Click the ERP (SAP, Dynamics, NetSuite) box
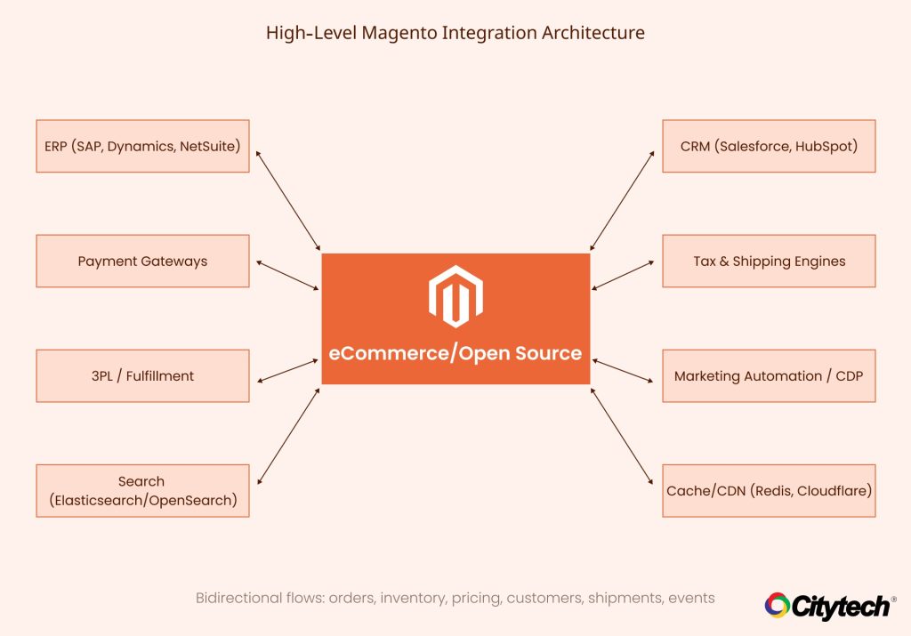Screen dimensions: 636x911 point(142,146)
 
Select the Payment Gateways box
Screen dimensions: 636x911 point(142,262)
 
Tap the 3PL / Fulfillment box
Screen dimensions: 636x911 point(142,375)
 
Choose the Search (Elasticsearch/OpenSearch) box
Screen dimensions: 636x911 point(142,490)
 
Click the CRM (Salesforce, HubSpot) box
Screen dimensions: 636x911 point(769,146)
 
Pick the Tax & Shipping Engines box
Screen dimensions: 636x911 point(769,262)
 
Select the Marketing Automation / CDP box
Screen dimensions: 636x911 point(769,375)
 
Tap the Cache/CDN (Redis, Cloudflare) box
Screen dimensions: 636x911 point(769,490)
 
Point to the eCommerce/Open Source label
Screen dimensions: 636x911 point(455,353)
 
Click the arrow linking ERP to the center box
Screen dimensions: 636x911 point(287,200)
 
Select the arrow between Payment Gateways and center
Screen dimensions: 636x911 point(287,275)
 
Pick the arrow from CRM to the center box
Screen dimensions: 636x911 point(623,200)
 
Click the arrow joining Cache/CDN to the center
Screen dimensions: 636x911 point(623,436)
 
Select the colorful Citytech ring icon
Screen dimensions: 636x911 point(778,606)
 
